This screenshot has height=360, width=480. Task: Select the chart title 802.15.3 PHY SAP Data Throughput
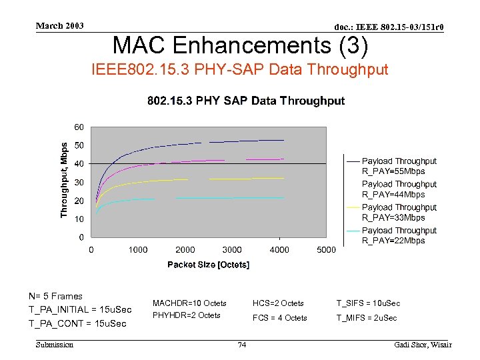pyautogui.click(x=245, y=101)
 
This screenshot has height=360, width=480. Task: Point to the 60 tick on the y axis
pyautogui.click(x=79, y=127)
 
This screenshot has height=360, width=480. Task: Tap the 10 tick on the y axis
pyautogui.click(x=79, y=219)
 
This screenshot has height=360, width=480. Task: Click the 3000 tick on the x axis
pyautogui.click(x=232, y=250)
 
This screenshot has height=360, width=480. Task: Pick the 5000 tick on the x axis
pyautogui.click(x=326, y=250)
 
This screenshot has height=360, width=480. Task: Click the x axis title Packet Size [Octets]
pyautogui.click(x=208, y=265)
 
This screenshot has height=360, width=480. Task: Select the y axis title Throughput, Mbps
pyautogui.click(x=65, y=179)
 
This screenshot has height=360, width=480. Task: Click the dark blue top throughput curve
pyautogui.click(x=200, y=143)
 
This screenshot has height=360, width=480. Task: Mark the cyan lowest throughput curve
pyautogui.click(x=200, y=198)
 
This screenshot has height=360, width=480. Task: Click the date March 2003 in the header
pyautogui.click(x=60, y=26)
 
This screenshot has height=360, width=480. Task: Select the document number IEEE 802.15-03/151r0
pyautogui.click(x=389, y=27)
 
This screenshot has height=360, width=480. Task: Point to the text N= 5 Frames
pyautogui.click(x=55, y=297)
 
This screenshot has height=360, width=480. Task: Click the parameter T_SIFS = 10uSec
pyautogui.click(x=368, y=303)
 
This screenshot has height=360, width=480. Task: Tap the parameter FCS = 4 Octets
pyautogui.click(x=279, y=318)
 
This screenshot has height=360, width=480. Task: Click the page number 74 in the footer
pyautogui.click(x=242, y=345)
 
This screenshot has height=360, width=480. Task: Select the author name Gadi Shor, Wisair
pyautogui.click(x=423, y=345)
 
